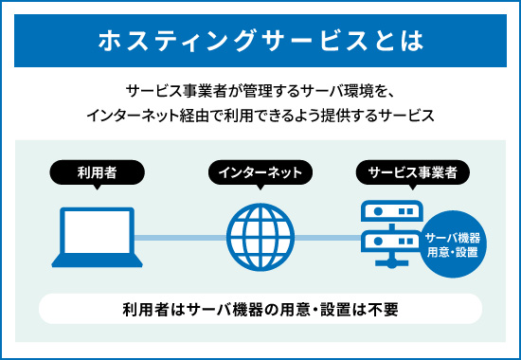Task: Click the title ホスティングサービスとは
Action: [260, 42]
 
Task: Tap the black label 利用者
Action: [97, 172]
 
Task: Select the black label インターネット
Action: [260, 172]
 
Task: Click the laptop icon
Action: [96, 235]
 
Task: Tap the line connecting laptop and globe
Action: [179, 237]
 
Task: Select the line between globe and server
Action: [327, 237]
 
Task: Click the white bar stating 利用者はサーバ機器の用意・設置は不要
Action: [260, 309]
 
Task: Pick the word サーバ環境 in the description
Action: [333, 92]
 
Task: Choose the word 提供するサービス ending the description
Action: [378, 116]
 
